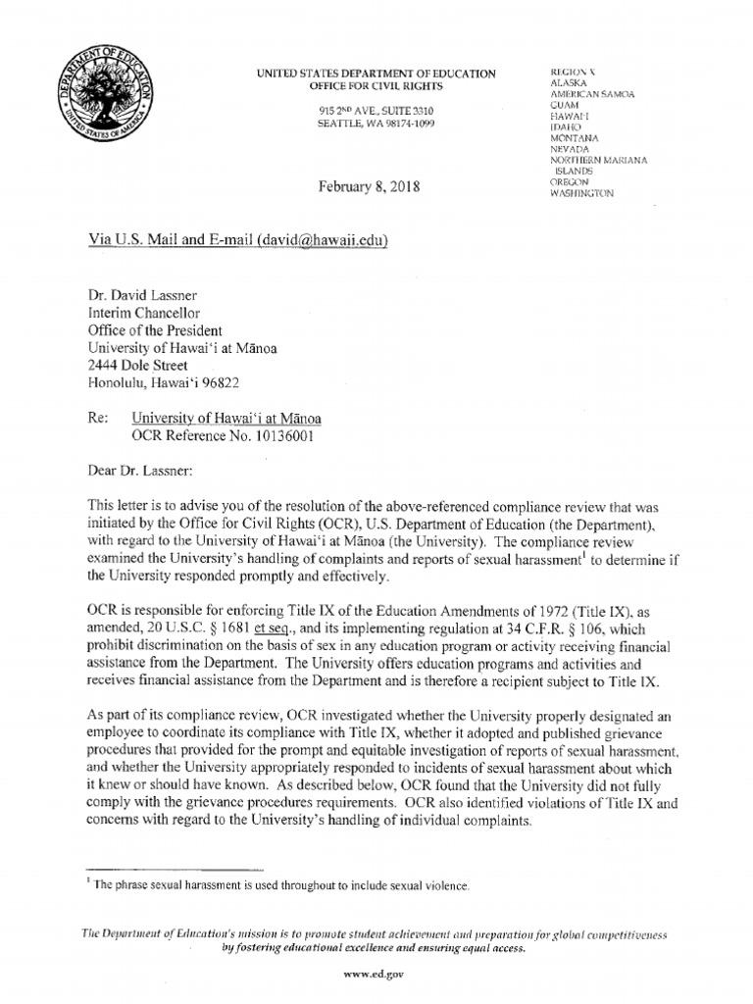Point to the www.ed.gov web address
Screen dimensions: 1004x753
[x=376, y=974]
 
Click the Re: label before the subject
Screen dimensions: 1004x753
[x=99, y=418]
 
